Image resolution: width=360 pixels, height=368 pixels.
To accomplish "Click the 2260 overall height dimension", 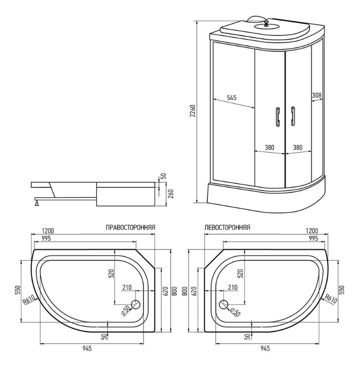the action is tap(193, 111).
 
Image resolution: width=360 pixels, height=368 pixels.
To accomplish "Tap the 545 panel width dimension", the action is tap(232, 98).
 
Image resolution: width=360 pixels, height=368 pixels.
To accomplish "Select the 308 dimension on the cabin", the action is tap(317, 95).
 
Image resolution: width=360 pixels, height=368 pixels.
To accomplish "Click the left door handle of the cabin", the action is tap(278, 117).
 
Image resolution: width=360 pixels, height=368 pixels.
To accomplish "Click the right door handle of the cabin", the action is tap(293, 116).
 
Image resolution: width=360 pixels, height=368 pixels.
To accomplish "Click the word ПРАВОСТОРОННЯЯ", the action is tap(130, 228).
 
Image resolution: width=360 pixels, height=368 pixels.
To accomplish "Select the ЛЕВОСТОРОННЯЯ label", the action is tap(227, 228).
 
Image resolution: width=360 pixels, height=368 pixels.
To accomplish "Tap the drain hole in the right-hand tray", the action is tap(135, 304).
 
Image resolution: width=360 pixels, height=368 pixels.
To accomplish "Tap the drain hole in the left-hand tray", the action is tap(224, 304).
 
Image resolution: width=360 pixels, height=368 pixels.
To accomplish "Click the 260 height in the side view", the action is tap(171, 194).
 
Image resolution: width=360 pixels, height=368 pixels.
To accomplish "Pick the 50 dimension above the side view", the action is tap(164, 176).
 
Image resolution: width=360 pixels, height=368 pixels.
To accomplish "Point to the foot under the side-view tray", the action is tap(37, 202).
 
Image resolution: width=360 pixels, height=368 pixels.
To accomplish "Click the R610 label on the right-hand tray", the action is tap(29, 301).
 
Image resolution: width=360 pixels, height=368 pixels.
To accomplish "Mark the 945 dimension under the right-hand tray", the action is tap(87, 348).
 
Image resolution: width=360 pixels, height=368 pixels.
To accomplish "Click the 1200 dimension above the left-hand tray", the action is tap(312, 231).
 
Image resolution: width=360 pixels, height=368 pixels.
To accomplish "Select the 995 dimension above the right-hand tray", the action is tap(46, 238).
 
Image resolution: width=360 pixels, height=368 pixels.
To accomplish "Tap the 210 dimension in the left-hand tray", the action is tap(233, 287).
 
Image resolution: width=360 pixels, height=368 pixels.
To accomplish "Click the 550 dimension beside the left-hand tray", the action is tap(341, 290).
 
